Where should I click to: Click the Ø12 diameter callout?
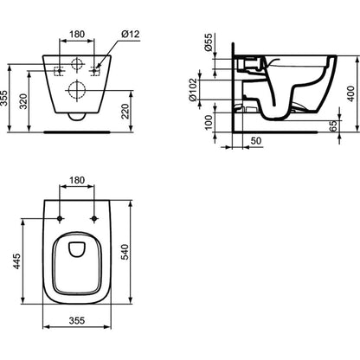(131, 35)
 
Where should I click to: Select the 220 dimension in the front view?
(125, 112)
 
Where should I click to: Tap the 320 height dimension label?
(23, 101)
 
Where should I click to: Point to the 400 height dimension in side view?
(350, 93)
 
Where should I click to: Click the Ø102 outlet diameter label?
(193, 90)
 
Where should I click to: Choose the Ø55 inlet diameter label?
(209, 42)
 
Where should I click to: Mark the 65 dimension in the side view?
(333, 126)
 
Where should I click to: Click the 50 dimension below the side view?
(256, 141)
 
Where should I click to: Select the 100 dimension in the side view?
(209, 122)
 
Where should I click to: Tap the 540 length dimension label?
(125, 252)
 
